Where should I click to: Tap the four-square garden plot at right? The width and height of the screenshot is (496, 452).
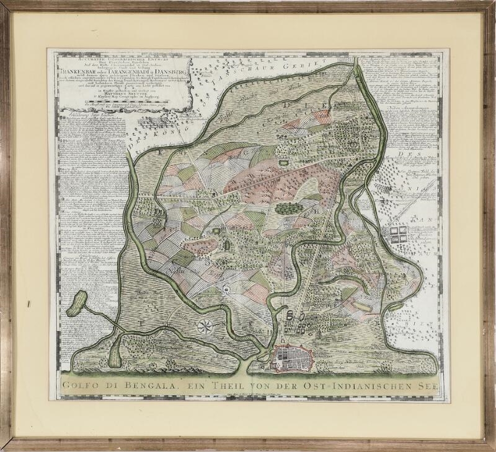[397, 233]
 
